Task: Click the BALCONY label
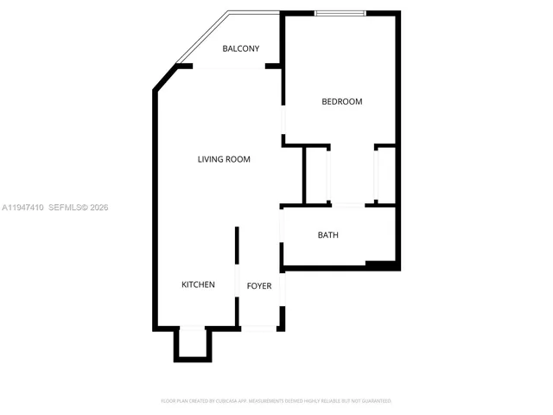[x=240, y=48]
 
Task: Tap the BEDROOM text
[x=341, y=102]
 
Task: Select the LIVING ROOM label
[x=224, y=159]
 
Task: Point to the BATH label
[x=327, y=235]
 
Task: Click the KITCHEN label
[x=198, y=284]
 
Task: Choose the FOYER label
[x=259, y=285]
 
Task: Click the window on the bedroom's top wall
[x=340, y=13]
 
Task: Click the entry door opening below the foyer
[x=258, y=328]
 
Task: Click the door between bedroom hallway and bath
[x=348, y=205]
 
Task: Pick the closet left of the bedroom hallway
[x=316, y=175]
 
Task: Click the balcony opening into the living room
[x=228, y=67]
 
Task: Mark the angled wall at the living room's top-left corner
[x=163, y=79]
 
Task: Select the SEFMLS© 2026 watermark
[x=78, y=207]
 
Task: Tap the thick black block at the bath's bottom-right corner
[x=381, y=265]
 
